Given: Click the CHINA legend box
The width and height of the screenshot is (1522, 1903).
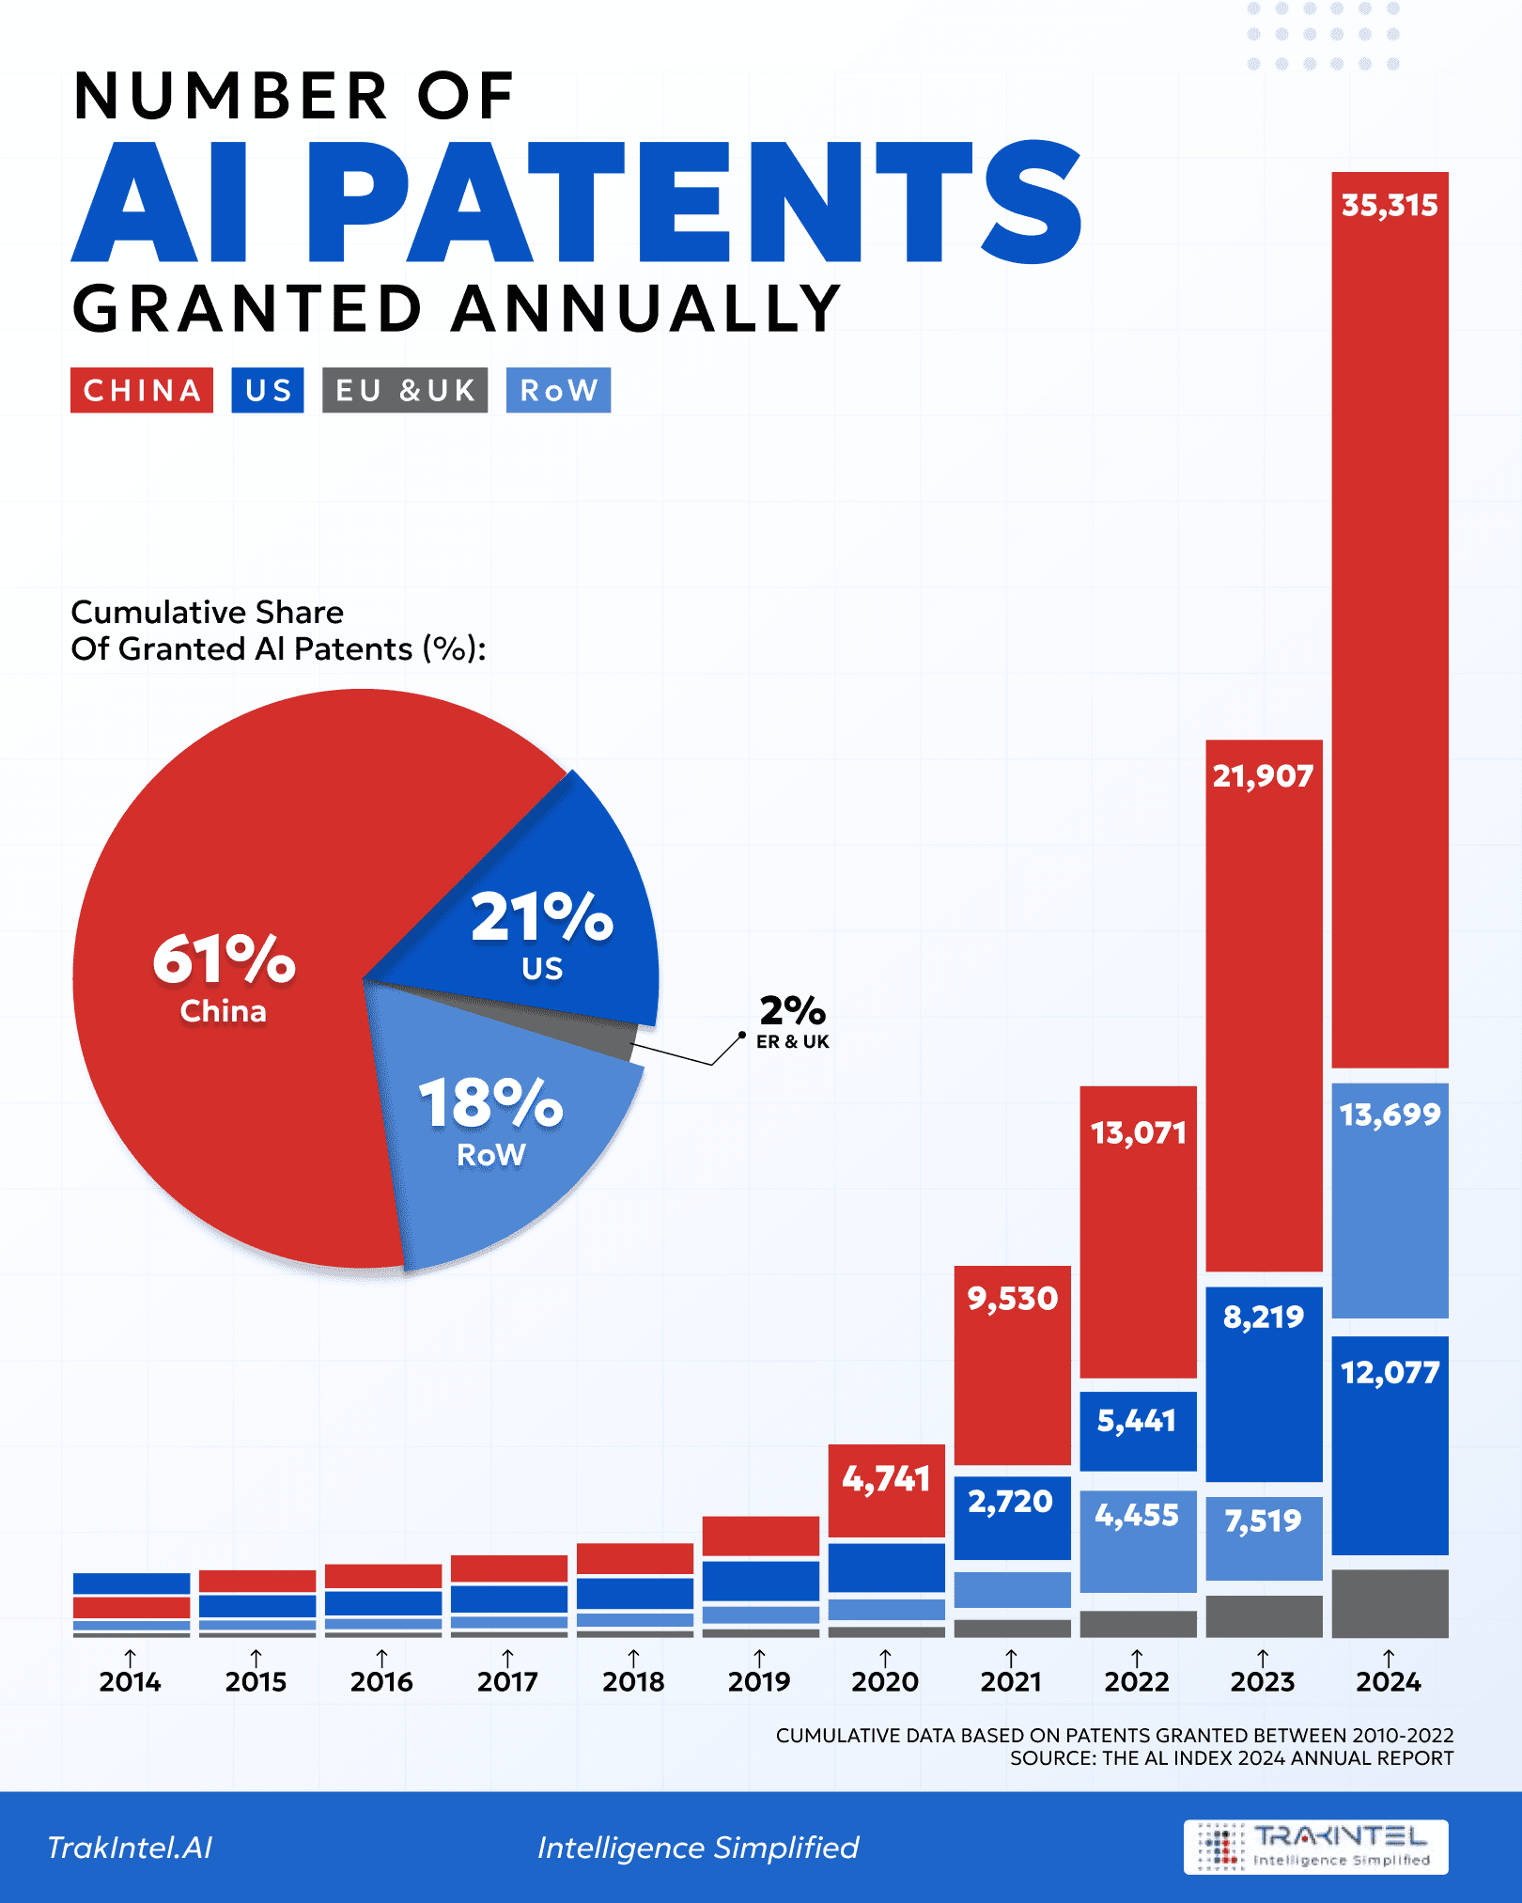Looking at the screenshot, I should pos(142,390).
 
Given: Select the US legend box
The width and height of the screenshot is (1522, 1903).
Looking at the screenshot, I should pos(268,390).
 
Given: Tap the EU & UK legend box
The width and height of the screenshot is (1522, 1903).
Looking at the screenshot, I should pos(405,390).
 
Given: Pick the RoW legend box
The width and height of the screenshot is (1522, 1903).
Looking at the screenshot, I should pos(558,390).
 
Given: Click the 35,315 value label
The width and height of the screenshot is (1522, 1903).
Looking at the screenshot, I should pos(1390,206).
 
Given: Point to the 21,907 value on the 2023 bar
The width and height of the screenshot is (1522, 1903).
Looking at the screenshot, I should pos(1263,776).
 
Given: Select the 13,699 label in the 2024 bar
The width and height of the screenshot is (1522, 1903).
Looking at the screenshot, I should pos(1390,1115).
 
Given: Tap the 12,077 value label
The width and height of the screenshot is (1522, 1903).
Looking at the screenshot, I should pos(1390,1374).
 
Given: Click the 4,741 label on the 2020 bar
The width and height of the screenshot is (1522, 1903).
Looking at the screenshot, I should pos(886,1480).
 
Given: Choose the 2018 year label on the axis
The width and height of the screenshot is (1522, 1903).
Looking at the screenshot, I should pos(633,1681).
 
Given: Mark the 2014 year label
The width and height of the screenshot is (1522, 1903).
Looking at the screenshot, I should pos(131,1681).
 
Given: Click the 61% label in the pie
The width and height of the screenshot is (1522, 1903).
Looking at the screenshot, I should pos(225,960).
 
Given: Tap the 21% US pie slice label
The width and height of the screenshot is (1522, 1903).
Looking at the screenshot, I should pos(542,918).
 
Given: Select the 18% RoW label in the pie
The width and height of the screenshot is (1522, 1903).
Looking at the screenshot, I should pos(490,1104).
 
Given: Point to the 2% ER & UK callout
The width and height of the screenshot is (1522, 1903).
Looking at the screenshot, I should pos(792,1021).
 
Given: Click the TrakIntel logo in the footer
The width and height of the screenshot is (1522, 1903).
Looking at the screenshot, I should pos(1315,1847).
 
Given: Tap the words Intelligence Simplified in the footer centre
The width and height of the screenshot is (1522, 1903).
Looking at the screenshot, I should pos(698,1848).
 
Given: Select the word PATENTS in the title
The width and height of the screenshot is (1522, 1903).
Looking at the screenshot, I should pos(695,202).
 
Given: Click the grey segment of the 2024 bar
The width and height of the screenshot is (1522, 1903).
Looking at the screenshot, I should pos(1390,1603).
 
